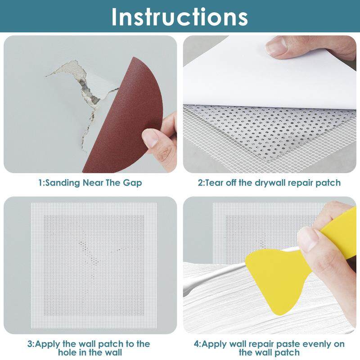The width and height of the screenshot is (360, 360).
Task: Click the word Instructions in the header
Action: (x=179, y=17)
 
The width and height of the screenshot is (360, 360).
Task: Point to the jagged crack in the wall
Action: (x=85, y=96)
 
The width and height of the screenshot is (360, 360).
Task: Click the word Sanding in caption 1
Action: (x=62, y=183)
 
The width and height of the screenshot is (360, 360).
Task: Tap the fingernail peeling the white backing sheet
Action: (x=276, y=46)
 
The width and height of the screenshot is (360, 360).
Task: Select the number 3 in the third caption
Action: (x=30, y=344)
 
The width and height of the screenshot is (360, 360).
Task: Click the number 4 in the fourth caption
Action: (x=196, y=344)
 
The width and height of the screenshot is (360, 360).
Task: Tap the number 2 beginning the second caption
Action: (x=200, y=183)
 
